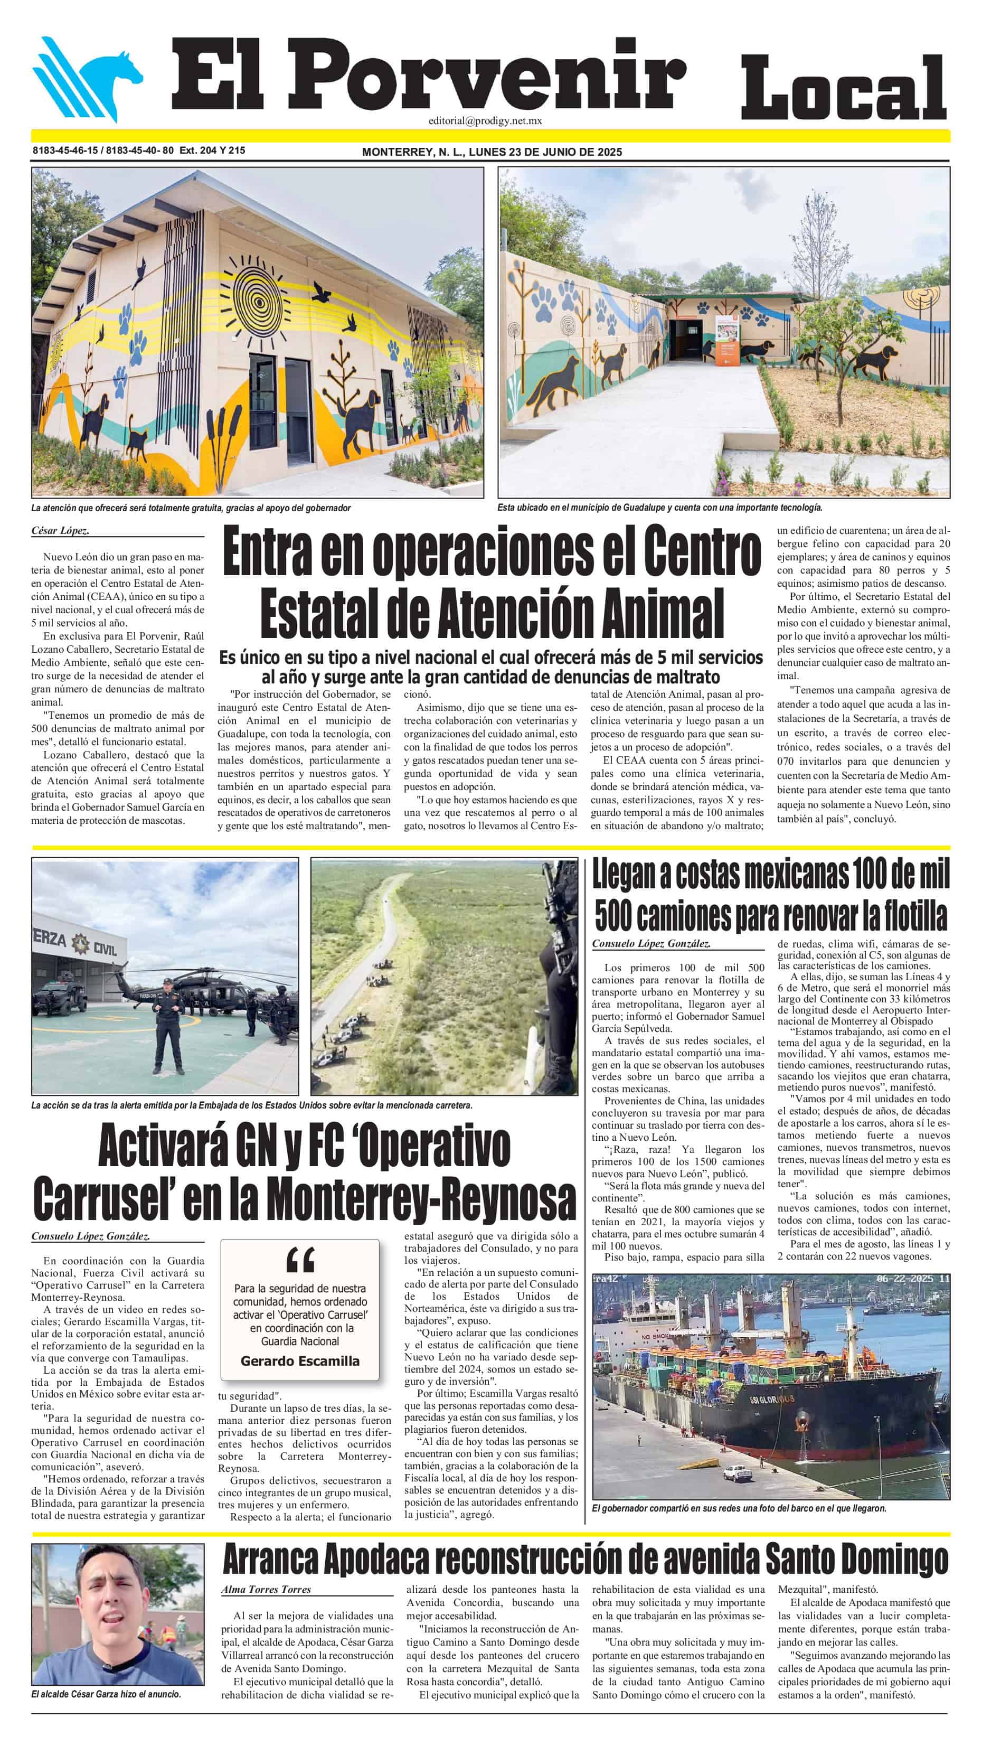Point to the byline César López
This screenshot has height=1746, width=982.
pos(60,531)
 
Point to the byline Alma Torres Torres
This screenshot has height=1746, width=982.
pos(266,1590)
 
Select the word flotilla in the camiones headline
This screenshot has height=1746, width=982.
pos(914,916)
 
